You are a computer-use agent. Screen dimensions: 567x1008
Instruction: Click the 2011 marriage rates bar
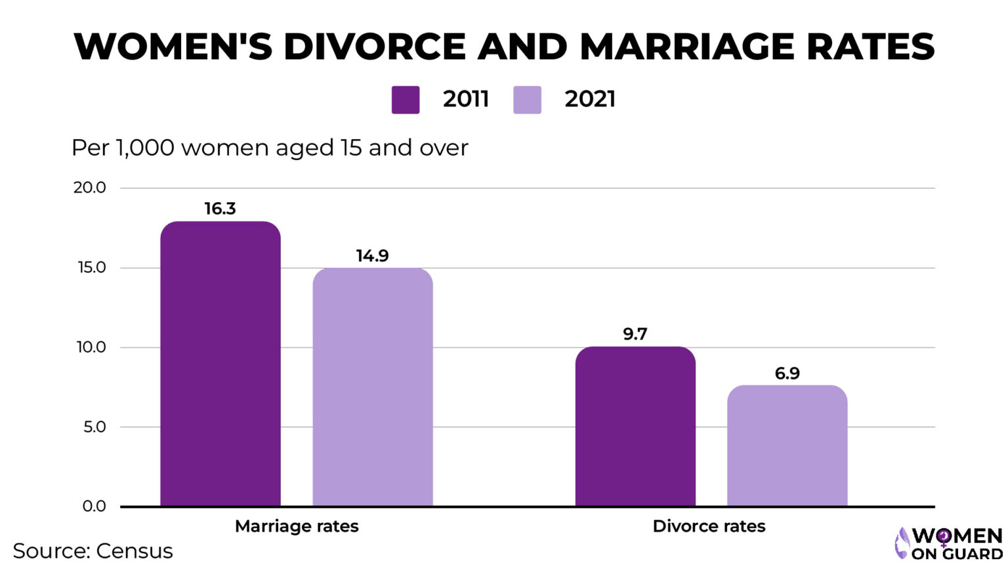[220, 364]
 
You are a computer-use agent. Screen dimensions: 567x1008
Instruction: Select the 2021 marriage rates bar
[372, 387]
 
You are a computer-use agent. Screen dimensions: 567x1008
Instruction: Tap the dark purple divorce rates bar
[635, 427]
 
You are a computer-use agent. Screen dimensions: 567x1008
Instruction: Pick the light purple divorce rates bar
[787, 446]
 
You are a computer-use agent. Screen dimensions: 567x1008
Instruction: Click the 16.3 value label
[220, 209]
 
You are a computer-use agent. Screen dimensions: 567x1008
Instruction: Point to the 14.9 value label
[372, 255]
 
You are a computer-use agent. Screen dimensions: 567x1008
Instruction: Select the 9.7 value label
[635, 334]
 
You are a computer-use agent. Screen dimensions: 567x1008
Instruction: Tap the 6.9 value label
[787, 373]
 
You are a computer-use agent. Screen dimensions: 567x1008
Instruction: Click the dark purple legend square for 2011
[406, 100]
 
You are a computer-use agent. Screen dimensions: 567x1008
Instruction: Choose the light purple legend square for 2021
[527, 100]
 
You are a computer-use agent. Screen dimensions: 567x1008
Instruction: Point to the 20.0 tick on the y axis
[89, 188]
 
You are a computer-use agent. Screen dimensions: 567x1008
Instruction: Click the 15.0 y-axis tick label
[90, 268]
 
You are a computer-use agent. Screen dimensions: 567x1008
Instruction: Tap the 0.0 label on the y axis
[94, 506]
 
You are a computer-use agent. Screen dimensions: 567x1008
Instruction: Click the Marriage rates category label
[297, 526]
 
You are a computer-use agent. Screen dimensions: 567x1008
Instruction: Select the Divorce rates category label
[709, 526]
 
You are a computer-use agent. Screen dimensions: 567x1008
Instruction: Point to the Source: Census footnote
[93, 551]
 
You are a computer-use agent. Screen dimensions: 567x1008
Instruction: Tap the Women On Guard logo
[949, 544]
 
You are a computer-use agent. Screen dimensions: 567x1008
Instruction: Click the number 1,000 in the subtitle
[144, 148]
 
